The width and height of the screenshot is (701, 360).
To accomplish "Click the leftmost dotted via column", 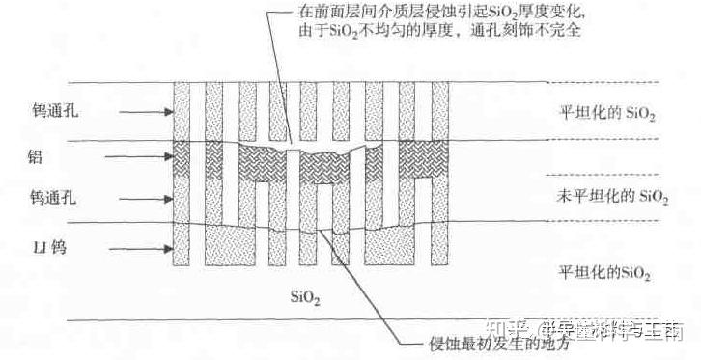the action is click(x=182, y=174).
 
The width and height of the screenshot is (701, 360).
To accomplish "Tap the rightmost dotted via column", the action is click(x=442, y=174).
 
